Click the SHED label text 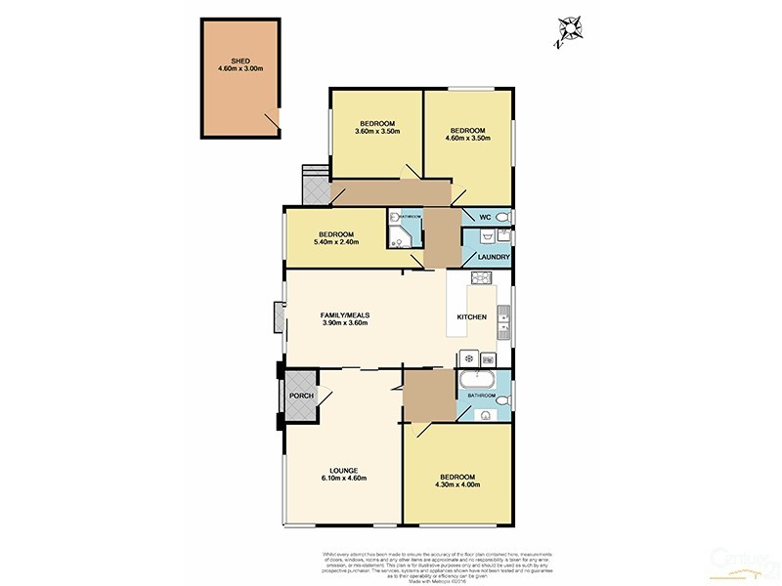point(239,61)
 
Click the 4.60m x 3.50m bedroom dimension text point(468,139)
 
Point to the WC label point(482,216)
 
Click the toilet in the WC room point(502,216)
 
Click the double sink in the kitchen point(502,315)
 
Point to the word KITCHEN point(472,317)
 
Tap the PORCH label point(300,396)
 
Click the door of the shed point(273,119)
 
